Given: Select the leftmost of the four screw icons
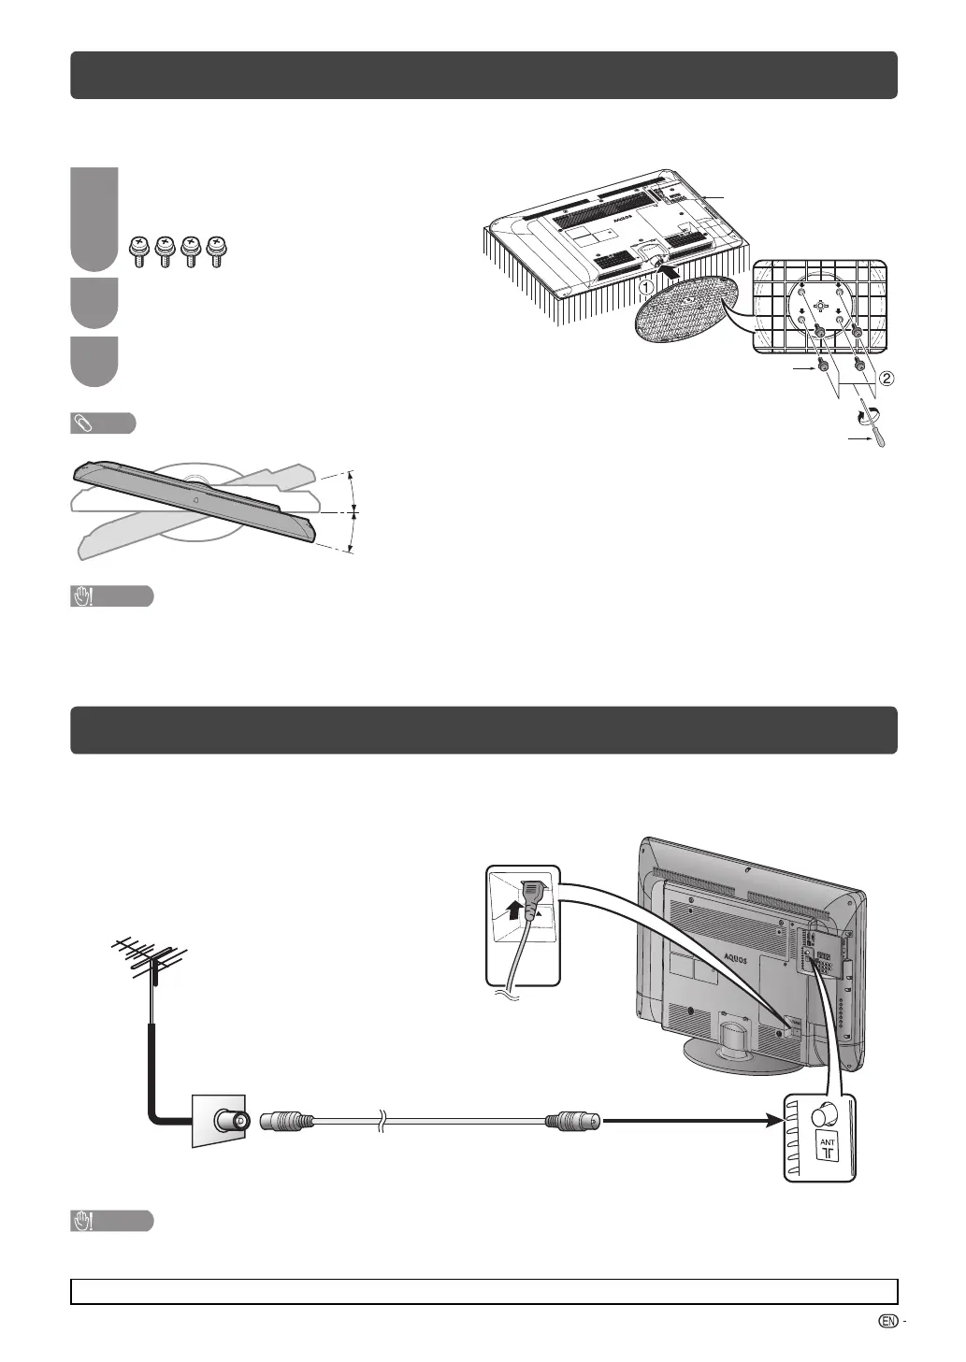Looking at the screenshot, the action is click(x=140, y=251).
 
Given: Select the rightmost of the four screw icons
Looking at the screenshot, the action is click(x=220, y=251).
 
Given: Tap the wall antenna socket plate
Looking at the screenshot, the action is click(x=219, y=1120).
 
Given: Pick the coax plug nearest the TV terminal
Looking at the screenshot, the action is click(x=574, y=1120).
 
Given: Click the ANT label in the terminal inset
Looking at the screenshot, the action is click(x=828, y=1142).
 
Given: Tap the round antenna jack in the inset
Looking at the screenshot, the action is click(x=825, y=1114).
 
